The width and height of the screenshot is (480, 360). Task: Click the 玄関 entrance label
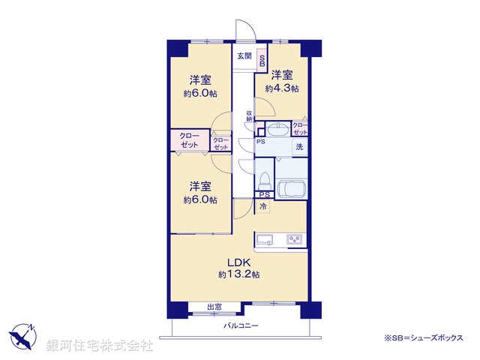[244, 55]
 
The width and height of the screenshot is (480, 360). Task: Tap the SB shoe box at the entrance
[262, 62]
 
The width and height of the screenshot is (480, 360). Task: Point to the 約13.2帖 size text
[239, 275]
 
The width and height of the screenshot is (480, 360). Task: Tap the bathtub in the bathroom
[292, 187]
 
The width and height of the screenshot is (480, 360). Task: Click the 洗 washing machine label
[298, 147]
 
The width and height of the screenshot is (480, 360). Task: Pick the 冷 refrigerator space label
[263, 205]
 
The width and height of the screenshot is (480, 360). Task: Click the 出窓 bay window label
[214, 306]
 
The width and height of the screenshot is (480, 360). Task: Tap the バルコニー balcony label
[241, 325]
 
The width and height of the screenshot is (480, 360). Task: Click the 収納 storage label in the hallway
[249, 116]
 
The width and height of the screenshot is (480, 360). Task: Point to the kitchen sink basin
[265, 240]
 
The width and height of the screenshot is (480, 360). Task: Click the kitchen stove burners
[294, 240]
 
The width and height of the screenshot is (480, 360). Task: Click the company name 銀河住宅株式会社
[100, 345]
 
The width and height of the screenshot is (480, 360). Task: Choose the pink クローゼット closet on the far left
[188, 140]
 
